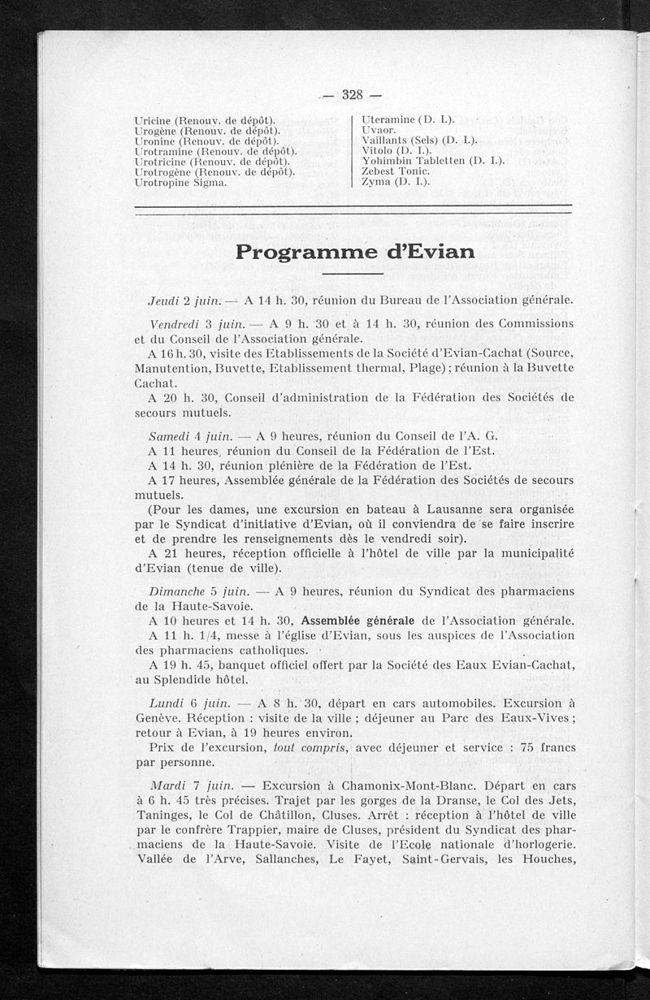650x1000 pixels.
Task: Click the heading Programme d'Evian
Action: coord(355,252)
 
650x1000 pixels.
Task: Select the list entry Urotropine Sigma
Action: coord(180,183)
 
